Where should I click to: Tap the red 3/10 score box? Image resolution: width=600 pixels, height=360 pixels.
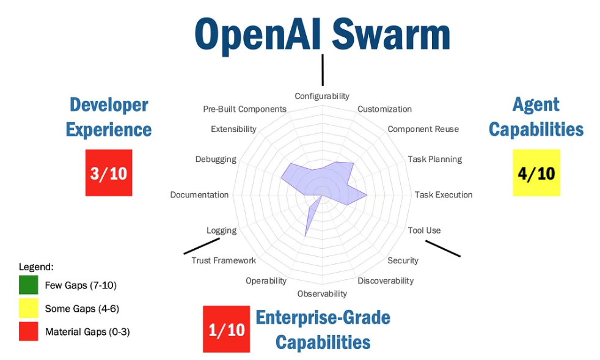click(x=109, y=173)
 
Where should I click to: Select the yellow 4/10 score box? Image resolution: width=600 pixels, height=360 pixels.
click(x=536, y=173)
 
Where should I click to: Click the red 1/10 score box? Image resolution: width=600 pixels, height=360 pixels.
click(x=226, y=329)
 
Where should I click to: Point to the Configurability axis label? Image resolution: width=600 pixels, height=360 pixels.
click(x=322, y=96)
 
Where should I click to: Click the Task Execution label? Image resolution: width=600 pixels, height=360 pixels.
click(x=444, y=195)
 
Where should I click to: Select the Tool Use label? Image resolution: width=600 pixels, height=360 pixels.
click(x=424, y=230)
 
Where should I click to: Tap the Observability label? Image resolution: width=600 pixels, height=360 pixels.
click(x=322, y=294)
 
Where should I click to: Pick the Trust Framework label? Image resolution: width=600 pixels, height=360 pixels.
click(x=224, y=260)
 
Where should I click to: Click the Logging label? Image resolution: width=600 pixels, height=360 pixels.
click(x=221, y=230)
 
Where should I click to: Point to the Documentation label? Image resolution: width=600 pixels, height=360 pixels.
click(x=199, y=195)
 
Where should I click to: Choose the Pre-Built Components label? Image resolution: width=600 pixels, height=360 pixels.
click(x=244, y=109)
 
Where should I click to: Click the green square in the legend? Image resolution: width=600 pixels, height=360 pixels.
click(x=28, y=285)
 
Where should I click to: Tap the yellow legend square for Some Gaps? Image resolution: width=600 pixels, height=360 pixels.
click(x=28, y=309)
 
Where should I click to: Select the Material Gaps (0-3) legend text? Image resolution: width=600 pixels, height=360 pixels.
click(x=87, y=332)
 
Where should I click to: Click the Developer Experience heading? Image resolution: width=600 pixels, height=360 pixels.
click(x=109, y=117)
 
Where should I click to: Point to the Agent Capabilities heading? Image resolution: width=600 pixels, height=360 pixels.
click(x=536, y=117)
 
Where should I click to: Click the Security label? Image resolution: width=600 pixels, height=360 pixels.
click(x=403, y=260)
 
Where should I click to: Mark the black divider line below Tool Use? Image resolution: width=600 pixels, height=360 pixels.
click(x=443, y=248)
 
